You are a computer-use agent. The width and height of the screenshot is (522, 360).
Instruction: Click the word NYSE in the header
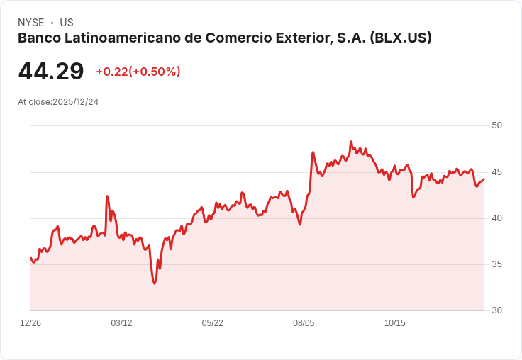(x=30, y=23)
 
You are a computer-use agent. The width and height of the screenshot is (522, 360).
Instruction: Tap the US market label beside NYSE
(x=67, y=23)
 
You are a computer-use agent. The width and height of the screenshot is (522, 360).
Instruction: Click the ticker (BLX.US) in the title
(x=401, y=38)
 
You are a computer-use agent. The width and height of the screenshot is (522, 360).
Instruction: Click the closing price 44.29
(x=51, y=72)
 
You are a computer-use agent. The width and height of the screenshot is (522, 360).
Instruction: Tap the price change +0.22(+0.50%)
(x=138, y=72)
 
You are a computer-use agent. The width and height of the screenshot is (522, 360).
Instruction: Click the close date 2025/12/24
(x=76, y=102)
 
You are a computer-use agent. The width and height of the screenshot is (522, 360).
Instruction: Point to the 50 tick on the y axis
(x=496, y=125)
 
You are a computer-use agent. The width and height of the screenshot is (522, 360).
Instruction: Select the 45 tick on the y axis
(x=496, y=172)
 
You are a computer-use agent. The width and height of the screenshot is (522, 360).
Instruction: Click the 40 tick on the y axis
(x=496, y=218)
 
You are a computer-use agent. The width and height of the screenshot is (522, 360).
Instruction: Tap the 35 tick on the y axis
(x=496, y=264)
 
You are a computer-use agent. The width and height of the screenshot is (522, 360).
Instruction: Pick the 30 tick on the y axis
(x=496, y=310)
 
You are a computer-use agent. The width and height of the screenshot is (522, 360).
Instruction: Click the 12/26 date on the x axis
(x=30, y=323)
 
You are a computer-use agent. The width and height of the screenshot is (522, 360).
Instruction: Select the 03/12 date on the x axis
(x=121, y=323)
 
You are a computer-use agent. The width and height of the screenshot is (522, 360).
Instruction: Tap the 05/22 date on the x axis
(x=212, y=323)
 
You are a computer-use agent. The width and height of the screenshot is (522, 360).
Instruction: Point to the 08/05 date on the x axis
(x=304, y=323)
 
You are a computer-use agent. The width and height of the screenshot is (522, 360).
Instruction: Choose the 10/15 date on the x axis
(x=394, y=323)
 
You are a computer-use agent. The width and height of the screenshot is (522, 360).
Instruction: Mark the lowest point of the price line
(x=154, y=283)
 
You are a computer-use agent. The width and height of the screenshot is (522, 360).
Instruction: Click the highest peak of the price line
(x=351, y=142)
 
